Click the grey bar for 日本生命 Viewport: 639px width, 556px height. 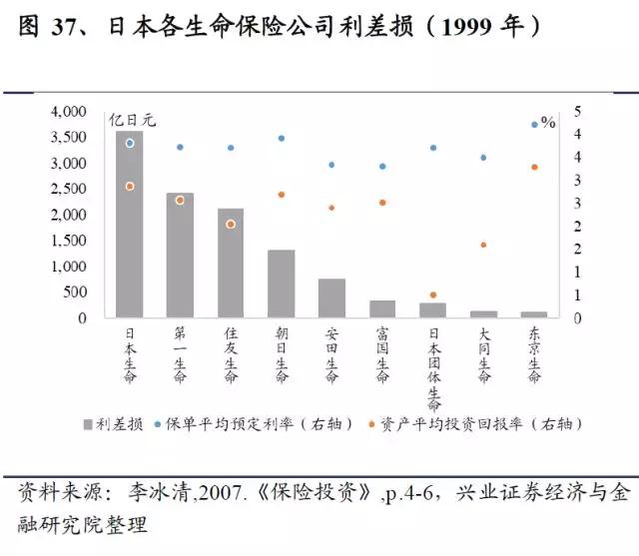(129, 225)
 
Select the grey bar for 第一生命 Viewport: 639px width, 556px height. (180, 256)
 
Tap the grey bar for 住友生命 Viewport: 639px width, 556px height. (231, 264)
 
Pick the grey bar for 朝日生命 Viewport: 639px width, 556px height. (281, 284)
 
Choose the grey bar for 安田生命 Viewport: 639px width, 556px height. (331, 298)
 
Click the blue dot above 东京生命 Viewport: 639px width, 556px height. (534, 125)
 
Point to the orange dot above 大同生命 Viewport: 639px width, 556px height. (483, 245)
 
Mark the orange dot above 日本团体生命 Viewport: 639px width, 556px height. (433, 295)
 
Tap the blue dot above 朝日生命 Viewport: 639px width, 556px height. (282, 139)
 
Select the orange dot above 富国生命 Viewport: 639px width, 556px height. (382, 203)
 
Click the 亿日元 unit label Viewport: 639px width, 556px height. (133, 121)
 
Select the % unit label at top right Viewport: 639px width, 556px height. (548, 122)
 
